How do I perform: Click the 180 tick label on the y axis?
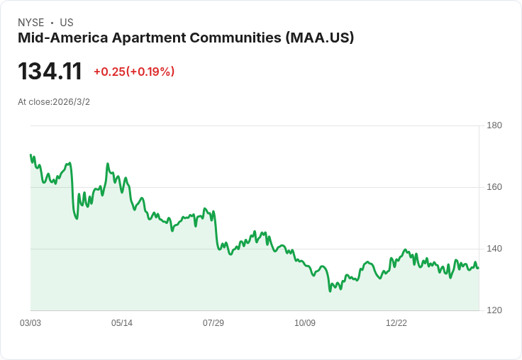tap(494, 125)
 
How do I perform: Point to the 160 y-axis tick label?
tap(494, 187)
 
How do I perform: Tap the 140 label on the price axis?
tap(494, 249)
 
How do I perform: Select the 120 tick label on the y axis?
tap(494, 310)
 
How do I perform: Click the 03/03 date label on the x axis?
tap(30, 322)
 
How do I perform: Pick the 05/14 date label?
tap(122, 322)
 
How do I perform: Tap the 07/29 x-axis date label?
tap(213, 322)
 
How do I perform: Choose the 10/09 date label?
tap(305, 322)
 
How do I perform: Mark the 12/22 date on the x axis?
tap(396, 322)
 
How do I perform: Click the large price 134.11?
tap(50, 71)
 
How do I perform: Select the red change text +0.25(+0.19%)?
tap(134, 72)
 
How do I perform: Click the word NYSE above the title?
tap(31, 23)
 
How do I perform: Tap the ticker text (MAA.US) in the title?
tap(320, 38)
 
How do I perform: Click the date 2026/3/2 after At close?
tap(71, 102)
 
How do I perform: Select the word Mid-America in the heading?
tap(63, 38)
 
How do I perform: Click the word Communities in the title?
tap(235, 38)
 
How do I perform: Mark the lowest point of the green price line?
tap(330, 291)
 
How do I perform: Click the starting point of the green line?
tap(30, 154)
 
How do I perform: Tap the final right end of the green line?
tap(479, 268)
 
